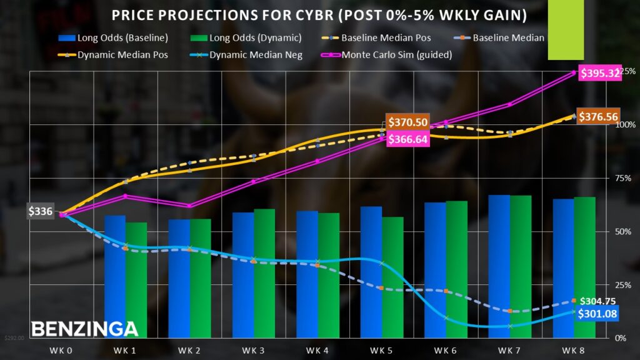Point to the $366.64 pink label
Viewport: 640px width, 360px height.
point(407,139)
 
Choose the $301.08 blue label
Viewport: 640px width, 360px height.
point(597,314)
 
